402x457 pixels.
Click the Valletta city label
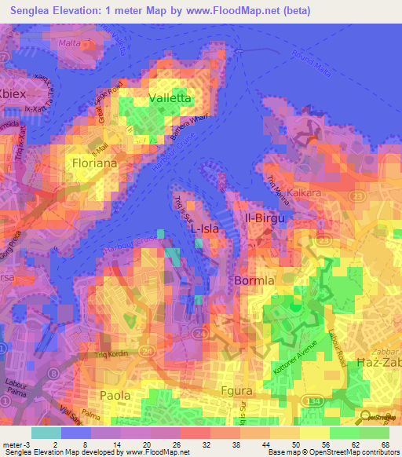(x=170, y=99)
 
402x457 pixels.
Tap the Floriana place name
(x=94, y=163)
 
